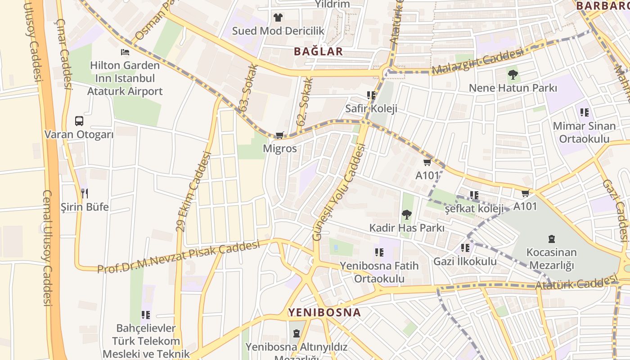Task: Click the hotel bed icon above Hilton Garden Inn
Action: (125, 52)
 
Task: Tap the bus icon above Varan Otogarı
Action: (79, 121)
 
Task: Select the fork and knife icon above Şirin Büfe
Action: (85, 193)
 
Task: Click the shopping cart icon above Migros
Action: (279, 135)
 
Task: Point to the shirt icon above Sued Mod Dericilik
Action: (278, 18)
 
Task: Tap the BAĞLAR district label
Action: (318, 51)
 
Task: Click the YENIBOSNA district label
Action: (324, 312)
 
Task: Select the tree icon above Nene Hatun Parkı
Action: (513, 74)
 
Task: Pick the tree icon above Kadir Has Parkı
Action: (407, 214)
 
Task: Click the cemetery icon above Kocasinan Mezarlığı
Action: (551, 239)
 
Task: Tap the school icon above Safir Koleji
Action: (371, 95)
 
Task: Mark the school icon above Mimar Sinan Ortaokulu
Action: (584, 112)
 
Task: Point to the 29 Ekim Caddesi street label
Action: (193, 191)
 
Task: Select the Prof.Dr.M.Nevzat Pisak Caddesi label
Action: (179, 257)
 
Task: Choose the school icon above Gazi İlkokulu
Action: (465, 248)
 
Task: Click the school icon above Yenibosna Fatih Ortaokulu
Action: (379, 252)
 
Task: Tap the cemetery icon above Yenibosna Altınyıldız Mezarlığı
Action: (296, 333)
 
